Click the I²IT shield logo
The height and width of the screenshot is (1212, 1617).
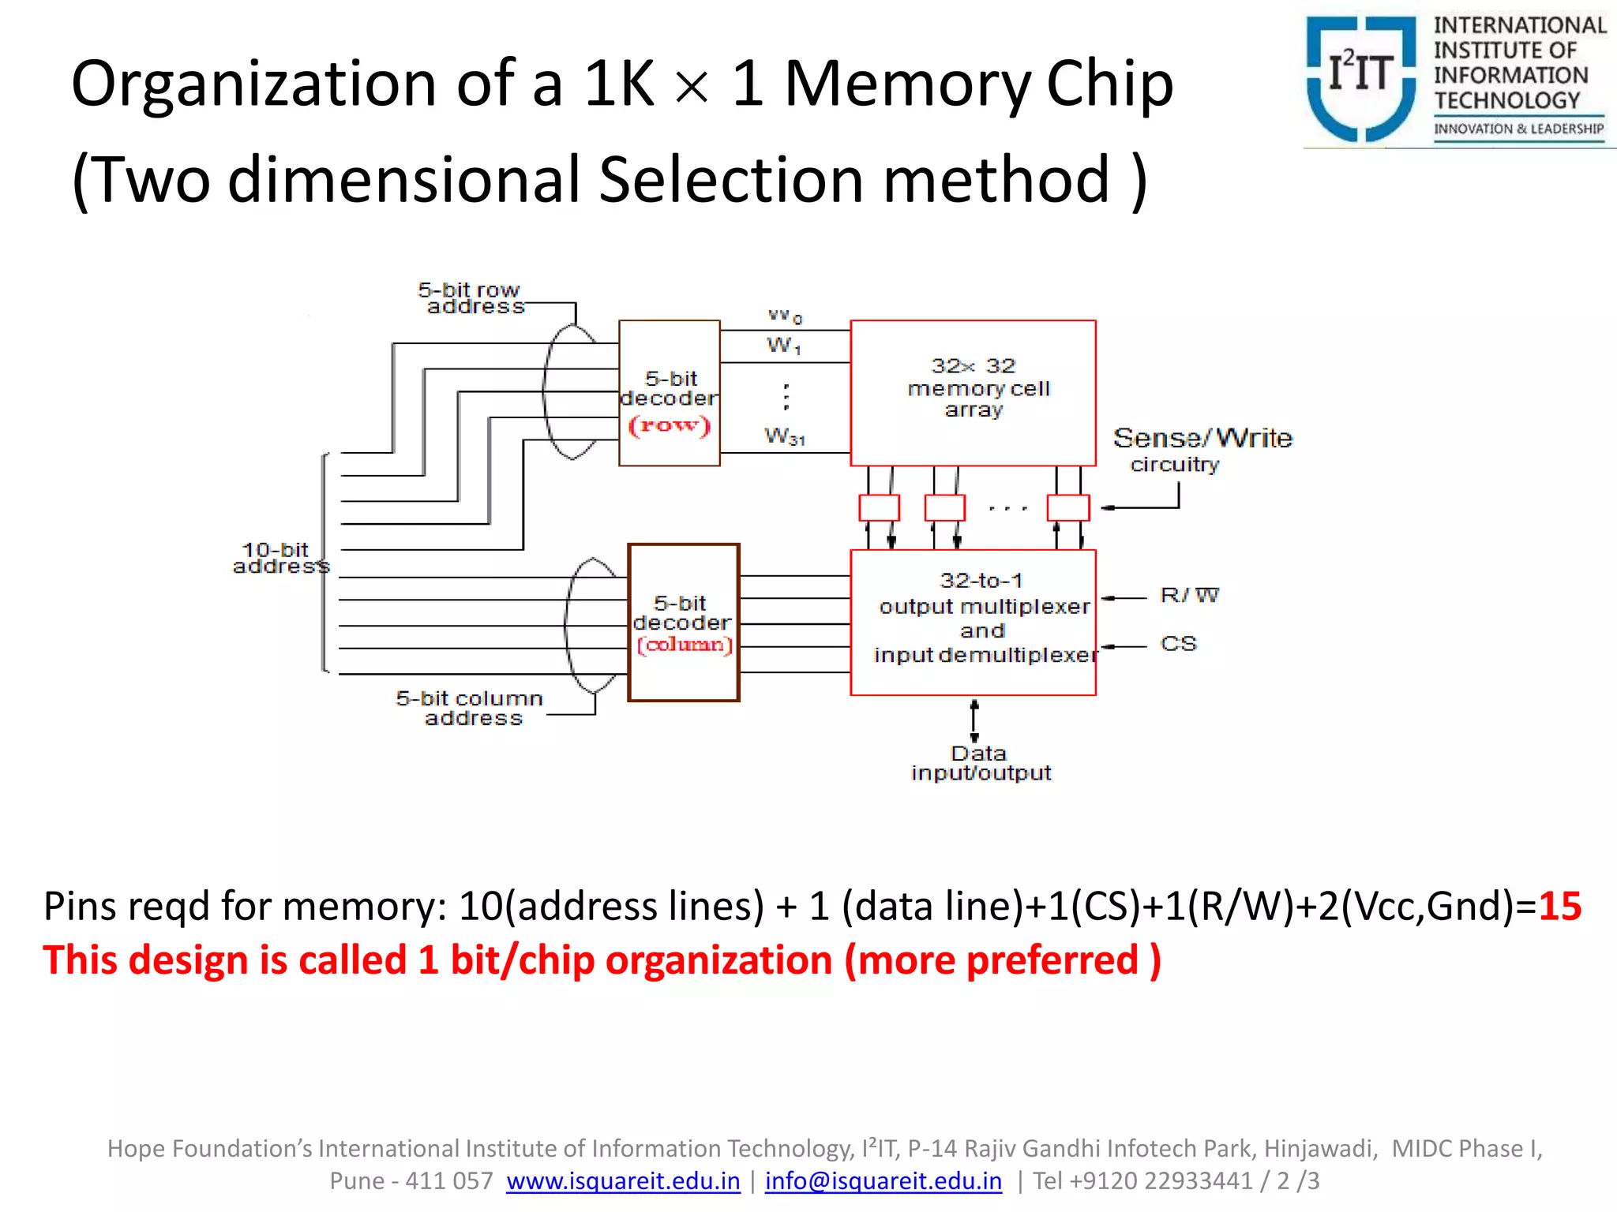[x=1360, y=79]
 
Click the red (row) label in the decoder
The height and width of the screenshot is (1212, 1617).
[x=670, y=426]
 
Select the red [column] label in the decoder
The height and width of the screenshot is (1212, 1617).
[x=685, y=645]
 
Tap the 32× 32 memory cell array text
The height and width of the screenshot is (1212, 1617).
[x=976, y=387]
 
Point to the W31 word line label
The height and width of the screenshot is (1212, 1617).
[x=785, y=436]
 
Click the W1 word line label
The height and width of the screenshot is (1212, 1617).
[x=783, y=346]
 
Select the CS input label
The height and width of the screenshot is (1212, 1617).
[x=1178, y=644]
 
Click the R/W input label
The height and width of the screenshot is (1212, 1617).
[x=1189, y=595]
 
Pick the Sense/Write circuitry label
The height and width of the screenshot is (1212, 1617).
[x=1201, y=449]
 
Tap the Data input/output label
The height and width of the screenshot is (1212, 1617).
[x=980, y=763]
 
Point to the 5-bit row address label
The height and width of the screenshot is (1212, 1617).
[x=471, y=298]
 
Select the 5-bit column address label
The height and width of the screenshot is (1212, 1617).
[x=471, y=708]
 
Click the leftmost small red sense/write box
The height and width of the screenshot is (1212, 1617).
[x=879, y=507]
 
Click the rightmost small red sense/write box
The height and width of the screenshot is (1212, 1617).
[x=1067, y=507]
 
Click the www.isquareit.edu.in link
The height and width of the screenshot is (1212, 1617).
[x=623, y=1181]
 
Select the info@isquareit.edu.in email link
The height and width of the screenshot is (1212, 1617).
[x=883, y=1181]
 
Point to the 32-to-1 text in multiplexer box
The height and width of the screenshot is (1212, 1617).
[x=981, y=581]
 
